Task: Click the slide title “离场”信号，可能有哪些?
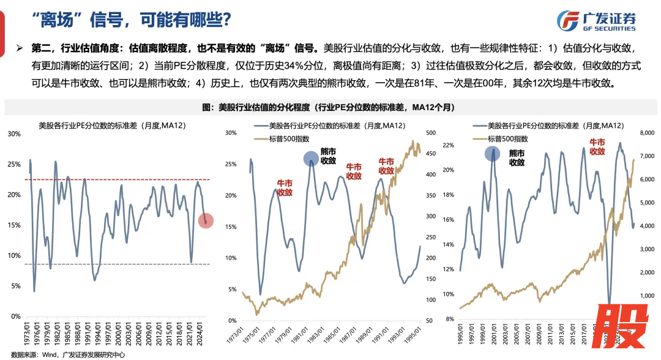click(x=132, y=20)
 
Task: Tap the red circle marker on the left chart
click(x=206, y=221)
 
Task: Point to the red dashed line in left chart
click(x=116, y=179)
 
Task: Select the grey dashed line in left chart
click(x=116, y=264)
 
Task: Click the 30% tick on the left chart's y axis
click(x=13, y=133)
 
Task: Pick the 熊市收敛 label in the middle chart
click(x=329, y=157)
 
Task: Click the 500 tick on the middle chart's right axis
click(x=430, y=133)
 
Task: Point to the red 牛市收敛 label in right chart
click(x=597, y=146)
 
